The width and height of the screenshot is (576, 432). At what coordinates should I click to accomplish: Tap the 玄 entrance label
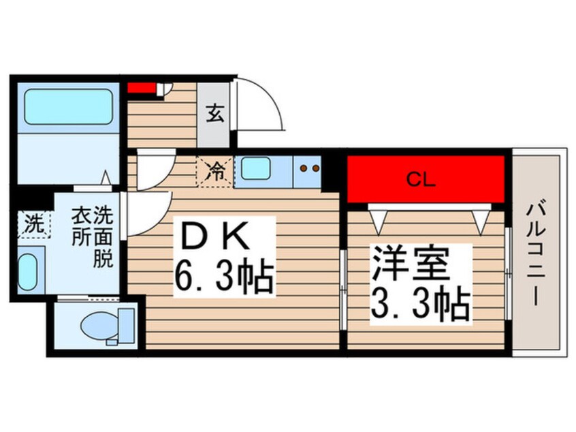click(214, 114)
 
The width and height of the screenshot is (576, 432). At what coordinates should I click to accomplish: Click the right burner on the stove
click(315, 167)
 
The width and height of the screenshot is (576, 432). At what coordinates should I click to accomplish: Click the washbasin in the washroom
click(28, 271)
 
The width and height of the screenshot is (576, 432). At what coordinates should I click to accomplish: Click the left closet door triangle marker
click(379, 219)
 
